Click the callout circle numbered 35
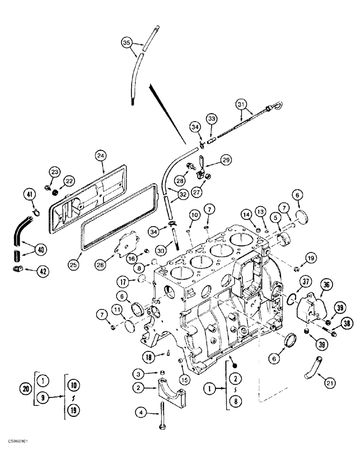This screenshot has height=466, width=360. tap(126, 42)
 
